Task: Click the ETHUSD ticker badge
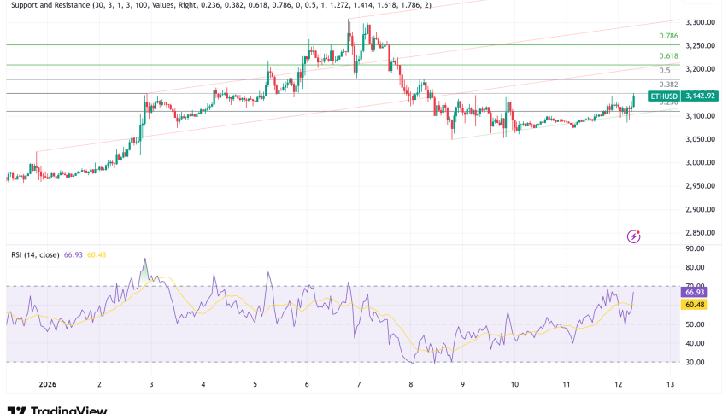663,97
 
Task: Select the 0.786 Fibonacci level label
668,36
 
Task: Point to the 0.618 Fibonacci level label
668,56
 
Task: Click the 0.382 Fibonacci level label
668,85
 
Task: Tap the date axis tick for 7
359,384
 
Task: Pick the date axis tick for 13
670,384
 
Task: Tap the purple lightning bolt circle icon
634,236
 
